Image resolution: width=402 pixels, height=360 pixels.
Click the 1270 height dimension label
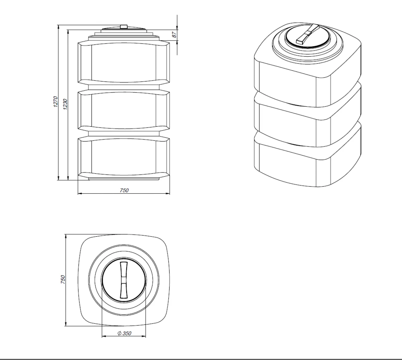tap(56, 102)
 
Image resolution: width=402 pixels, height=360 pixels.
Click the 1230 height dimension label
tap(65, 104)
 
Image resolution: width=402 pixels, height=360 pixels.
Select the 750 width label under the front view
tap(124, 190)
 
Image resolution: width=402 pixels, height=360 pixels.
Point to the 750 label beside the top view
tap(63, 279)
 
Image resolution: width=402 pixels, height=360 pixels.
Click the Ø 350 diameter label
tap(124, 333)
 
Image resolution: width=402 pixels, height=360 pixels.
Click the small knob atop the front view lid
tap(124, 26)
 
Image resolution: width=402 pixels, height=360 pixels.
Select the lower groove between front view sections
tap(124, 133)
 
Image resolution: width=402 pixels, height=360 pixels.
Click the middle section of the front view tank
tap(124, 110)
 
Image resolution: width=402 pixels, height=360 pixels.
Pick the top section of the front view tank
tap(124, 63)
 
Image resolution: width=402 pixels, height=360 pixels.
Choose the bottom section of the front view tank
tap(124, 157)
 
